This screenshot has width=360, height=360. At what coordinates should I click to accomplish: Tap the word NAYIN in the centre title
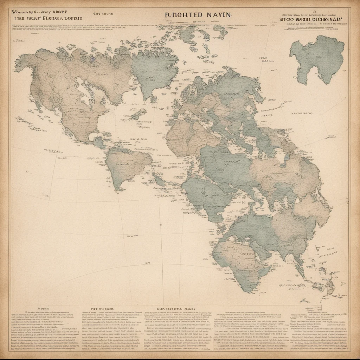218,15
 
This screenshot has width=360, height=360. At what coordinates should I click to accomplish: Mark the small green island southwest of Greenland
139,114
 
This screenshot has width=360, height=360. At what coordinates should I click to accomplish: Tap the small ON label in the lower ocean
148,262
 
